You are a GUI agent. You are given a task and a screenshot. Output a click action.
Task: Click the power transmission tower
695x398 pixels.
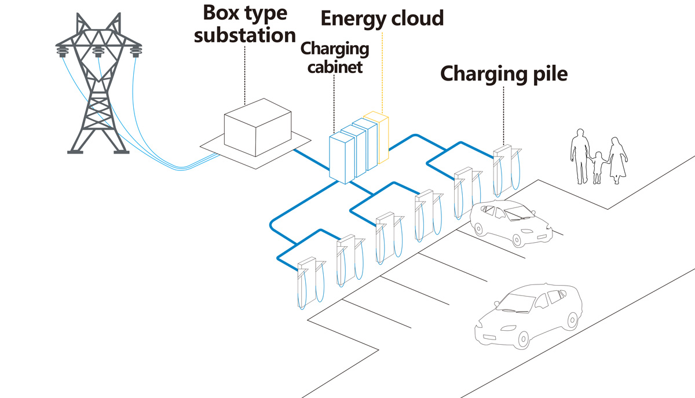99,87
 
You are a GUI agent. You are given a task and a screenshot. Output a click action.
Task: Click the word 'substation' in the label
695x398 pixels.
244,35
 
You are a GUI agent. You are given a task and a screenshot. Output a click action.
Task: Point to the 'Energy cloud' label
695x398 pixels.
382,18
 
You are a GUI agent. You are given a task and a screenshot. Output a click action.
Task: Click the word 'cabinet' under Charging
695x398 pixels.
335,67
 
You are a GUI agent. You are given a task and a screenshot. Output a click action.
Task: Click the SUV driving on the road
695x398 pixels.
530,315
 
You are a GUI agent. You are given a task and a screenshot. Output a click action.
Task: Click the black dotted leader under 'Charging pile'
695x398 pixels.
503,116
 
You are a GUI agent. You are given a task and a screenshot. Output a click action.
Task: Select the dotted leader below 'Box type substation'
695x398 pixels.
244,75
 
